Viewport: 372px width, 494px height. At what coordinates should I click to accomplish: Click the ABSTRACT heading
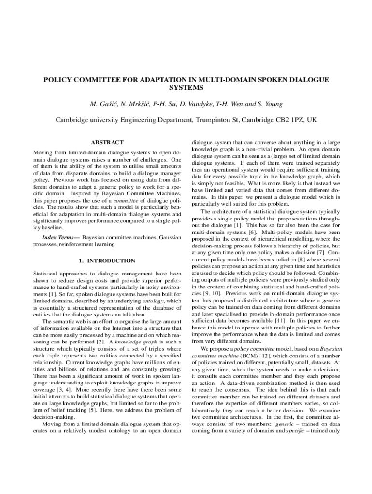[x=107, y=142]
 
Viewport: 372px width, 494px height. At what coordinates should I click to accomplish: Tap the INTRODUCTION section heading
[x=107, y=261]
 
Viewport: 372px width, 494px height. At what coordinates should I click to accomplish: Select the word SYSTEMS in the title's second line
[x=186, y=88]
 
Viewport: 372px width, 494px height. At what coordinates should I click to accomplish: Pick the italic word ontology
[x=154, y=301]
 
